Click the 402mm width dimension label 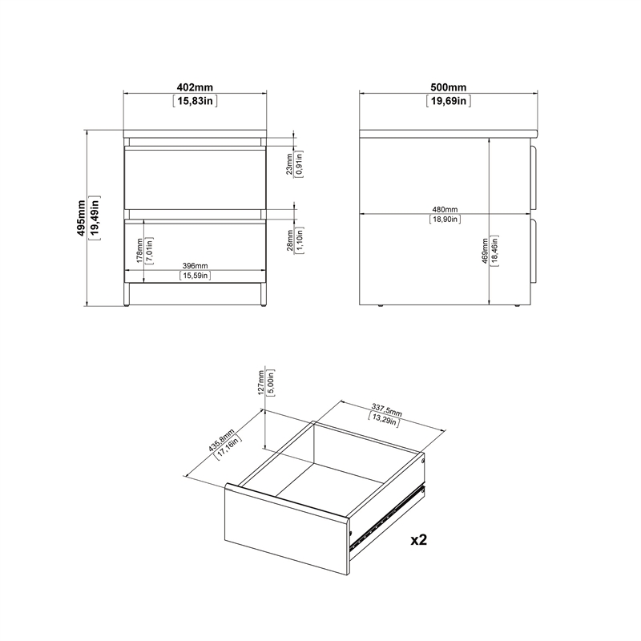[x=196, y=87]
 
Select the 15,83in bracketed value [x=196, y=101]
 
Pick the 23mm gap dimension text [x=288, y=163]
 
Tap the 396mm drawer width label [x=195, y=265]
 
